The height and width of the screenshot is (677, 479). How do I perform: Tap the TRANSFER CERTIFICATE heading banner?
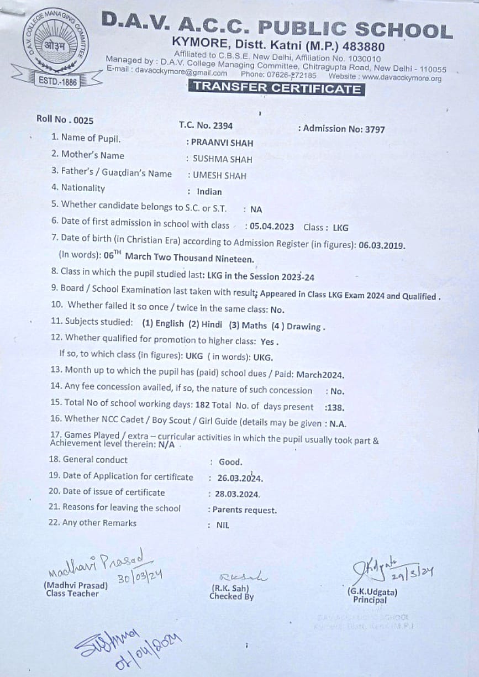pyautogui.click(x=276, y=88)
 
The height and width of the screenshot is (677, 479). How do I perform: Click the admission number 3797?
pyautogui.click(x=374, y=129)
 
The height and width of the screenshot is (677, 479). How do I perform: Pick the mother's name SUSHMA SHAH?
pyautogui.click(x=222, y=159)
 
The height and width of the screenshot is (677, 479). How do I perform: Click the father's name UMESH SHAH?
pyautogui.click(x=219, y=176)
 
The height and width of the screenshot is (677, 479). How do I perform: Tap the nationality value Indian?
pyautogui.click(x=209, y=192)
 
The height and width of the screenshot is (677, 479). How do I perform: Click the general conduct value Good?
pyautogui.click(x=230, y=462)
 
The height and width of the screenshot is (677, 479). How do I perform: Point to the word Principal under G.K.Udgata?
pyautogui.click(x=371, y=600)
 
